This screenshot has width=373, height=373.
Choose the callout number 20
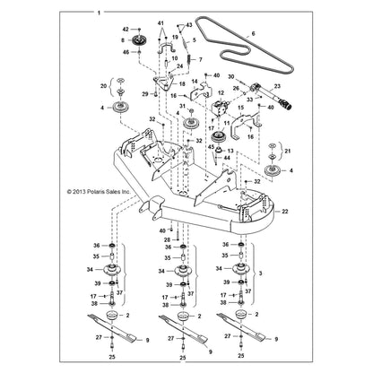click(x=104, y=86)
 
